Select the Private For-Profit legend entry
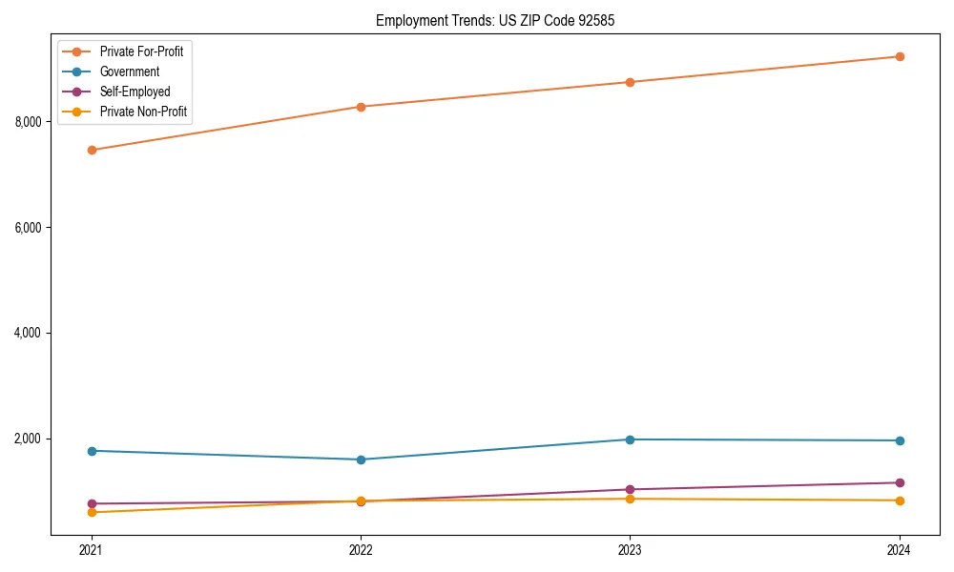click(x=141, y=51)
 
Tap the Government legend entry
click(x=130, y=71)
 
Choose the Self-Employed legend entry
click(x=135, y=92)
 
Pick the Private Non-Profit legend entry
click(x=143, y=112)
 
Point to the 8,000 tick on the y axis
click(x=28, y=122)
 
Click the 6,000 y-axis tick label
click(x=28, y=228)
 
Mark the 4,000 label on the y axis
click(x=28, y=333)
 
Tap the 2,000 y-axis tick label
click(x=28, y=439)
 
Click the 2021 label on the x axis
click(x=92, y=549)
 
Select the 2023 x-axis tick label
click(x=630, y=549)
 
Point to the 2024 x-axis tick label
click(x=900, y=549)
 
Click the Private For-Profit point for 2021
click(x=92, y=150)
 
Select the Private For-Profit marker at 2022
click(x=361, y=107)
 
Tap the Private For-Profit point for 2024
click(x=900, y=56)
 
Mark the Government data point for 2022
click(x=361, y=460)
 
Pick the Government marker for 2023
click(x=630, y=439)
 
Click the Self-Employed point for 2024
click(x=900, y=482)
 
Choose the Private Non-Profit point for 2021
click(x=92, y=512)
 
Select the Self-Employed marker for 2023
click(x=630, y=489)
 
